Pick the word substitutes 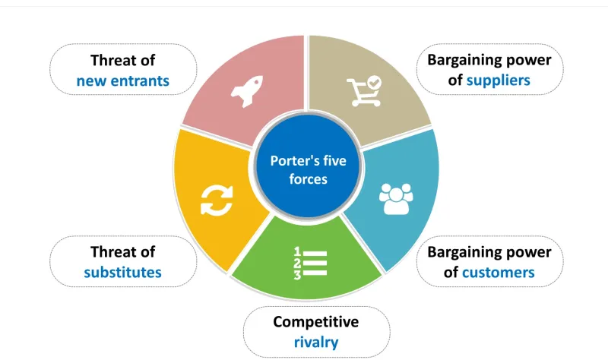tap(123, 271)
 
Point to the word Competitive tap(316, 322)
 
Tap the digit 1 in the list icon tap(297, 251)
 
